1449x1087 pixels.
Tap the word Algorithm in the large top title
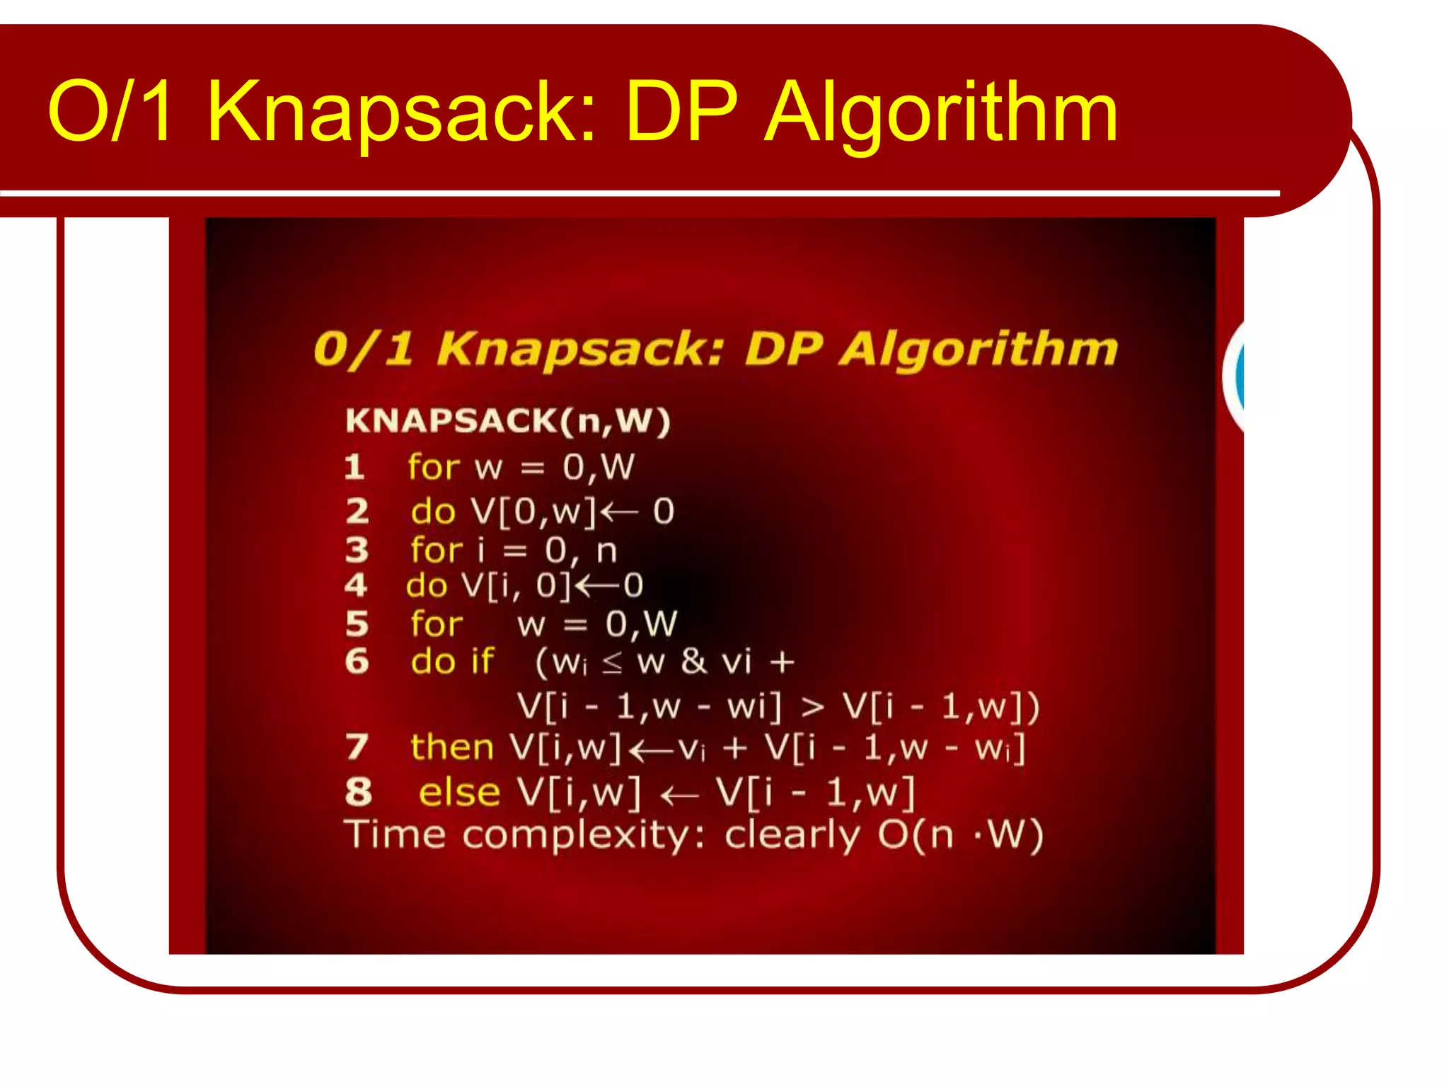pyautogui.click(x=941, y=113)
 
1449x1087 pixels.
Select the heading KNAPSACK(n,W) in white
pyautogui.click(x=507, y=421)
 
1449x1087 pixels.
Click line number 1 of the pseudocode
pyautogui.click(x=354, y=467)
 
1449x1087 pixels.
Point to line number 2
pyautogui.click(x=357, y=511)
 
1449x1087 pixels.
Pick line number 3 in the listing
pyautogui.click(x=357, y=550)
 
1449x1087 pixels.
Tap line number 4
pyautogui.click(x=356, y=585)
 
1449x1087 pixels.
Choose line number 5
pyautogui.click(x=357, y=624)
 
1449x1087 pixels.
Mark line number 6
pyautogui.click(x=357, y=661)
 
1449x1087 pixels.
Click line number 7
pyautogui.click(x=357, y=747)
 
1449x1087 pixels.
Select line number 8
pyautogui.click(x=359, y=792)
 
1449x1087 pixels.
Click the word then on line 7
pyautogui.click(x=451, y=747)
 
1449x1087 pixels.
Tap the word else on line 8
pyautogui.click(x=459, y=792)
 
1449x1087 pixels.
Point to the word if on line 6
pyautogui.click(x=482, y=661)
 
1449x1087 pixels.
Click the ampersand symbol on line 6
pyautogui.click(x=693, y=662)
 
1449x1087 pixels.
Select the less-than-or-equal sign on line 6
pyautogui.click(x=612, y=664)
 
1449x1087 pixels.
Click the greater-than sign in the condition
pyautogui.click(x=812, y=706)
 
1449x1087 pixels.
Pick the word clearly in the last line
pyautogui.click(x=792, y=836)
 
